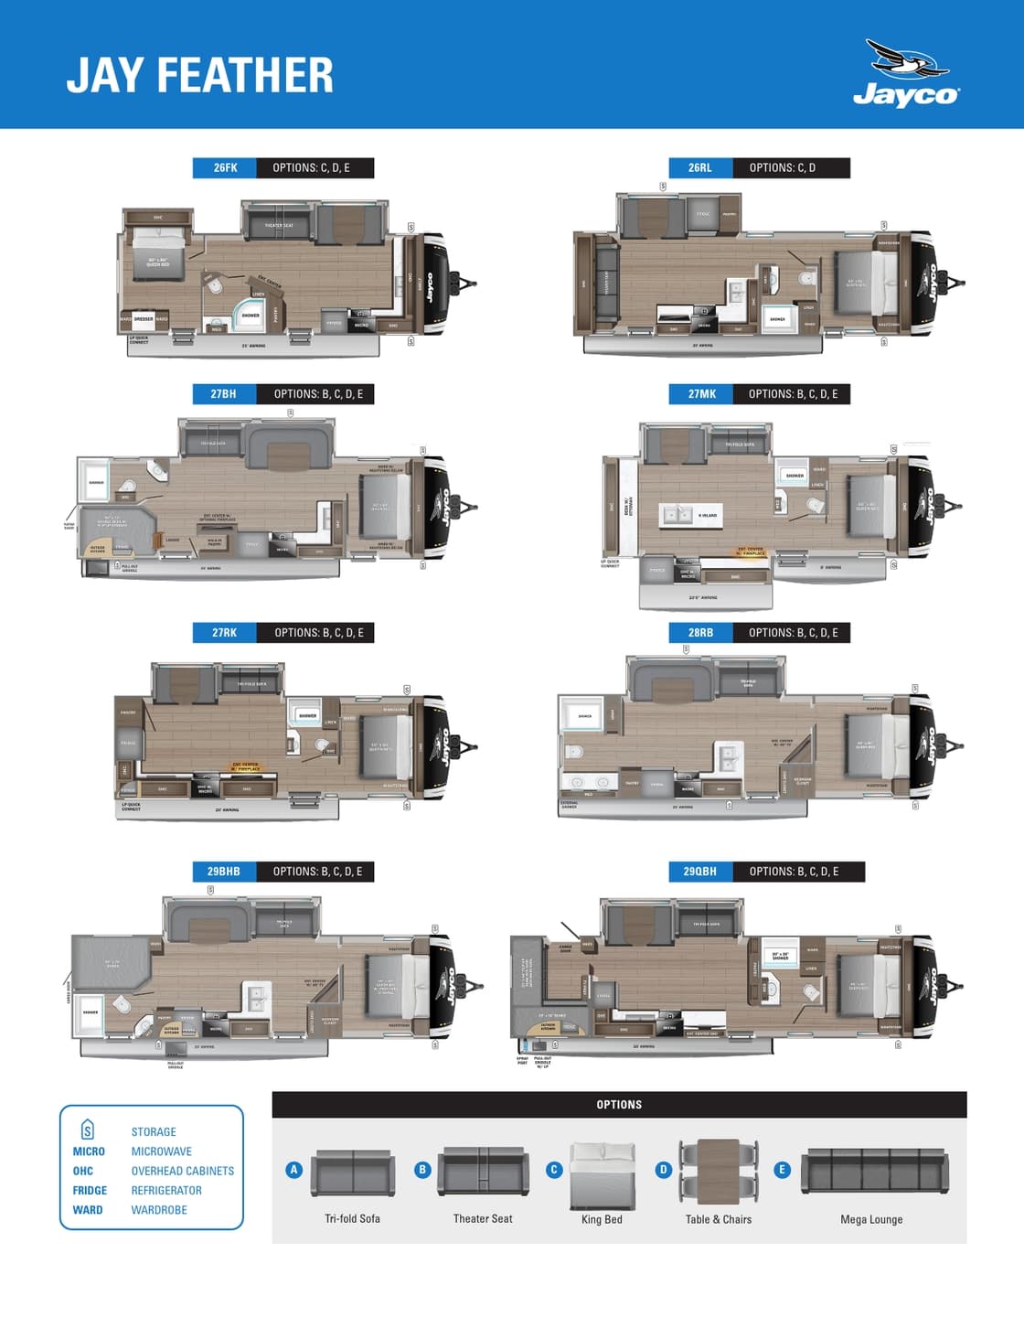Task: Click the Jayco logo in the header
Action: [906, 74]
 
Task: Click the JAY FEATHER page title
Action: [200, 75]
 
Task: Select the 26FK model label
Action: [225, 168]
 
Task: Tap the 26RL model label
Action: [699, 168]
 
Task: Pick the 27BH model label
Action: [224, 394]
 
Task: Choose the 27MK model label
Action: [701, 394]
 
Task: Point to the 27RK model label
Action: [224, 633]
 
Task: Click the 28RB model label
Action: [700, 633]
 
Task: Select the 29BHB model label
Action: [224, 872]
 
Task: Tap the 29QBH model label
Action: [700, 872]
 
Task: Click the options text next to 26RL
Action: [783, 168]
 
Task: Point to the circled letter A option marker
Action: [293, 1170]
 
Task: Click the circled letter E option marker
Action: [782, 1170]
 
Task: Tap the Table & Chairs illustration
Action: [719, 1172]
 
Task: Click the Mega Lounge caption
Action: [871, 1219]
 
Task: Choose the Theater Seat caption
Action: [483, 1219]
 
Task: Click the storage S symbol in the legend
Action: [88, 1130]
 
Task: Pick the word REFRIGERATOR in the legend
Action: [166, 1191]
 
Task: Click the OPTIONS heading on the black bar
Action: [619, 1105]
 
